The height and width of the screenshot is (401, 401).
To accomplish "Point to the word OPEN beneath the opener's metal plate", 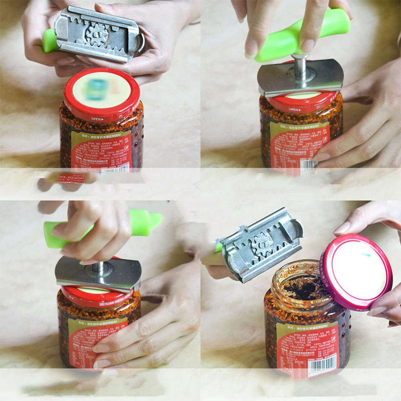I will (x=295, y=109).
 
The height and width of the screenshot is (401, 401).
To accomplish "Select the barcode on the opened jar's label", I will (x=323, y=365).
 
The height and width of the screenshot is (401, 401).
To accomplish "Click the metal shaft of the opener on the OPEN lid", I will (x=300, y=66).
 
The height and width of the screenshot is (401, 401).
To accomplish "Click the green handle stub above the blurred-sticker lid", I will (x=50, y=40).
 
